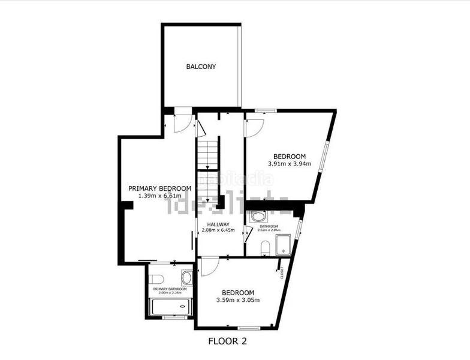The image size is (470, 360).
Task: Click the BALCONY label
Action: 200,67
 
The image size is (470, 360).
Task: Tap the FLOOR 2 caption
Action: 227,342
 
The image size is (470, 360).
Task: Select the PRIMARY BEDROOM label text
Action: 160,188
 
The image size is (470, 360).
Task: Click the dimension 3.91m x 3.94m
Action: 290,164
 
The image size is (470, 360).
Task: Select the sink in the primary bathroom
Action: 186,277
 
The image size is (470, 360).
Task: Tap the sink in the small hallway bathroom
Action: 258,217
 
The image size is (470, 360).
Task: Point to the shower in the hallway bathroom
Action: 282,245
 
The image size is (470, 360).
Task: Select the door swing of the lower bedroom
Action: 209,266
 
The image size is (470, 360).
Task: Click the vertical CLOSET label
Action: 282,273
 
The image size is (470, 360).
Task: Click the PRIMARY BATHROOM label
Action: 170,289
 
